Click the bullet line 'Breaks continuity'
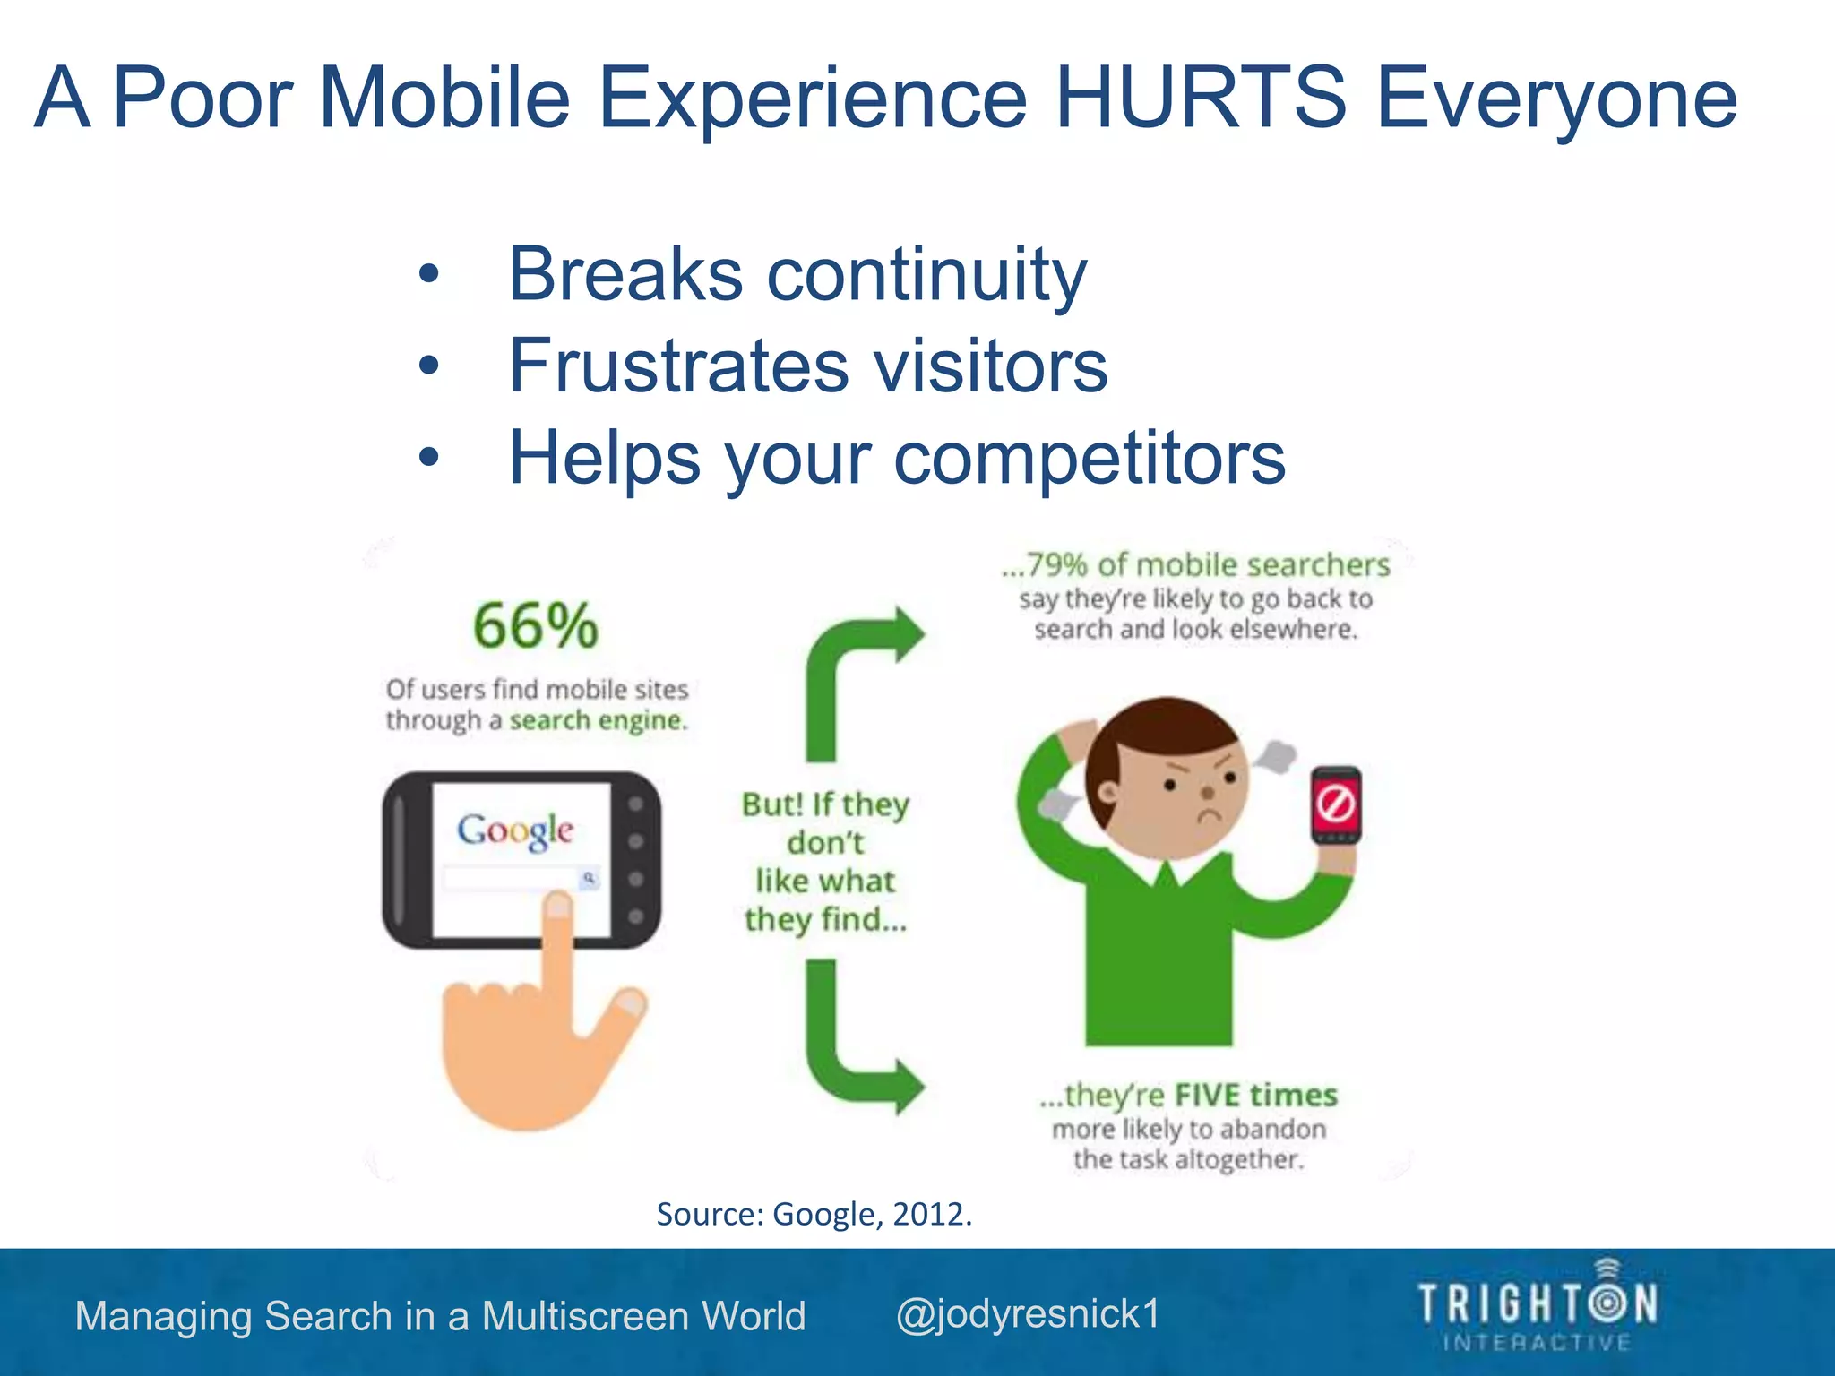pyautogui.click(x=797, y=273)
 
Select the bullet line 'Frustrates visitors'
pyautogui.click(x=807, y=365)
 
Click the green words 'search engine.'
pyautogui.click(x=599, y=720)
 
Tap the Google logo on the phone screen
pyautogui.click(x=515, y=830)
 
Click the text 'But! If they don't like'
pyautogui.click(x=825, y=842)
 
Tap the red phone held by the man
pyautogui.click(x=1336, y=804)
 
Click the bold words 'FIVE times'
pyautogui.click(x=1255, y=1095)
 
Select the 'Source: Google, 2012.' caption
pyautogui.click(x=814, y=1214)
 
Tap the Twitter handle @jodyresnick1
pyautogui.click(x=1028, y=1314)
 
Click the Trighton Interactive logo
pyautogui.click(x=1537, y=1306)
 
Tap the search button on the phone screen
pyautogui.click(x=589, y=878)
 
